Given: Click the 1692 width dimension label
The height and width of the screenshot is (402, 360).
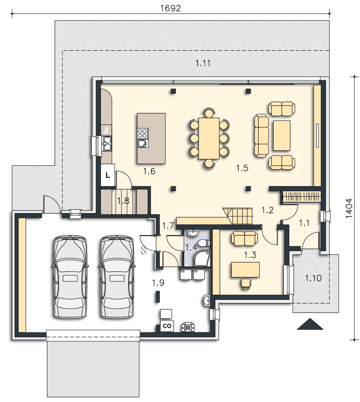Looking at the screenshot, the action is click(x=171, y=8).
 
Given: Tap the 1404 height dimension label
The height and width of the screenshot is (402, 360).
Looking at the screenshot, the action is click(x=349, y=208).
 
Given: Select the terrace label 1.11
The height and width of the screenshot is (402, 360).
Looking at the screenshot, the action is click(x=203, y=63).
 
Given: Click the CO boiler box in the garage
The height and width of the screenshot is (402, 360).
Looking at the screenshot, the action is click(x=167, y=326).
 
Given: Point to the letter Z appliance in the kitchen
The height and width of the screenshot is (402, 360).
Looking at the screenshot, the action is click(x=107, y=130).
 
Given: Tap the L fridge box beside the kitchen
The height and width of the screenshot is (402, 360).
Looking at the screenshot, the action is click(x=108, y=175).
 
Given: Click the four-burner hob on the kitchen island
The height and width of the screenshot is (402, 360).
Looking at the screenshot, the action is click(x=143, y=133).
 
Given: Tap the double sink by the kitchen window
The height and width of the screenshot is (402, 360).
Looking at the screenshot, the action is click(x=107, y=144).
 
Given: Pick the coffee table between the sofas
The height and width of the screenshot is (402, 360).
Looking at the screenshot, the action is click(x=282, y=135).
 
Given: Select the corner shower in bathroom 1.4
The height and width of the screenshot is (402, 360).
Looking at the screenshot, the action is click(x=202, y=258).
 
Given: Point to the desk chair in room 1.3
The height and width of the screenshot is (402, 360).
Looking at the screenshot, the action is click(x=245, y=283).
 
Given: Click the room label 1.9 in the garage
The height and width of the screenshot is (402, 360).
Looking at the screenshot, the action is click(x=158, y=283).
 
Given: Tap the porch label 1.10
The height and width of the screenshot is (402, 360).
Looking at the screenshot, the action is click(x=313, y=278).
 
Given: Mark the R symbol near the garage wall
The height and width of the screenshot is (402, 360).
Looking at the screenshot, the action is click(x=188, y=327).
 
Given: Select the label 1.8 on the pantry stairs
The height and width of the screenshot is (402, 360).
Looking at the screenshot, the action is click(x=123, y=201).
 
